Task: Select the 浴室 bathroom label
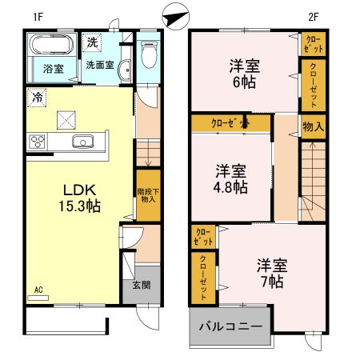point(54,69)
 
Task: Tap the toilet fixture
point(146,54)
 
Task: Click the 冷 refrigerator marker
point(37,97)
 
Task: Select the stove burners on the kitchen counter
point(38,142)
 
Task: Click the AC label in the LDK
point(38,291)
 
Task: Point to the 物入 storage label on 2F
point(314,126)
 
